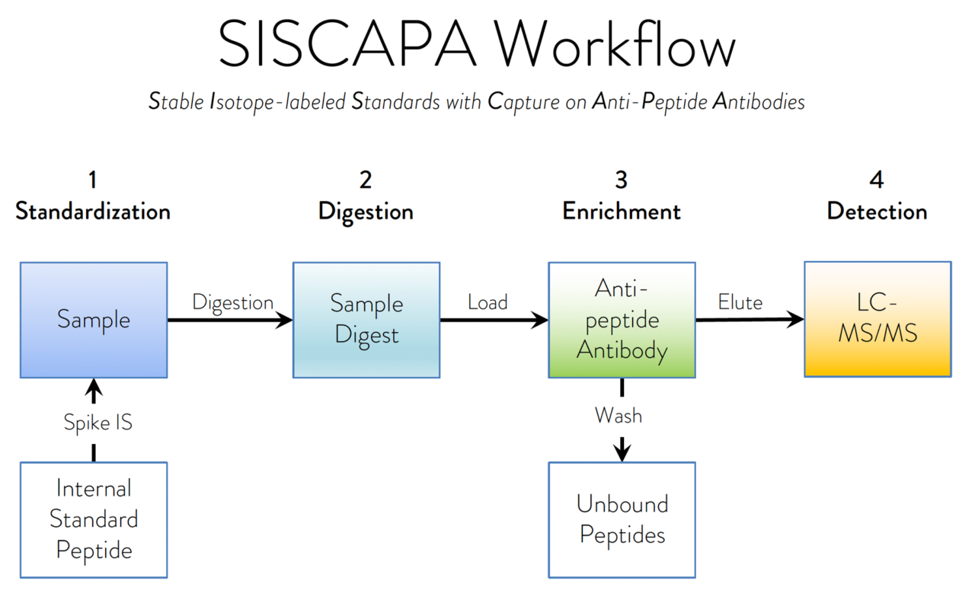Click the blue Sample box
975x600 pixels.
(94, 320)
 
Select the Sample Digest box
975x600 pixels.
(366, 320)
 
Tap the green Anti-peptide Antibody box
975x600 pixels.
(622, 320)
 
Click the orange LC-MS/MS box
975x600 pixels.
(877, 319)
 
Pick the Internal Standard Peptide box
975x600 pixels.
(94, 519)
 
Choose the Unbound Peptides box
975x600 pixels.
(622, 519)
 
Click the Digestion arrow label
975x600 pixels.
(232, 302)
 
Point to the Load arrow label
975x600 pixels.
(487, 302)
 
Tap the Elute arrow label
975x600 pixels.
(740, 302)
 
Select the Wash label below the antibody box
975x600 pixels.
(618, 416)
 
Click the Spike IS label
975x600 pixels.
(97, 423)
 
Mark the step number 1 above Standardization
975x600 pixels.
(93, 180)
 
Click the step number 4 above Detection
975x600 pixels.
(877, 180)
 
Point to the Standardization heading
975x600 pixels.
(93, 211)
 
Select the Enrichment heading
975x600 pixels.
(622, 211)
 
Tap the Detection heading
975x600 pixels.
(877, 211)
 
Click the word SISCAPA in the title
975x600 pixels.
(347, 45)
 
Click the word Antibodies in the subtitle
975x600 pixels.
(758, 101)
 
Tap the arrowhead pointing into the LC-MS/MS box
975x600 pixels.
(796, 320)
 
